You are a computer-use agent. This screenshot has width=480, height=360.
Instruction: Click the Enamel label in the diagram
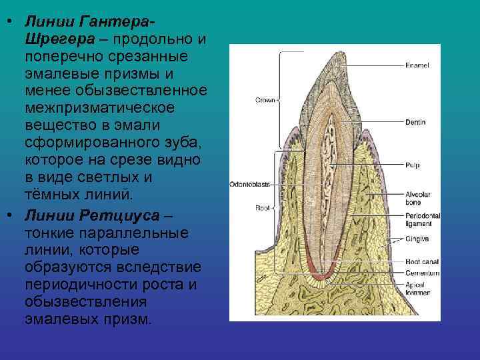point(416,65)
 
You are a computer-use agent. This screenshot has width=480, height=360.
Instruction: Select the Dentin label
point(415,123)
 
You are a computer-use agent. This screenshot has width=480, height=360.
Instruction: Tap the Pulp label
point(411,164)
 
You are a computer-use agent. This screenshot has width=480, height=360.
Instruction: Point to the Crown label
point(265,100)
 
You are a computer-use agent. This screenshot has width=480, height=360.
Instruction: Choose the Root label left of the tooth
point(262,207)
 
